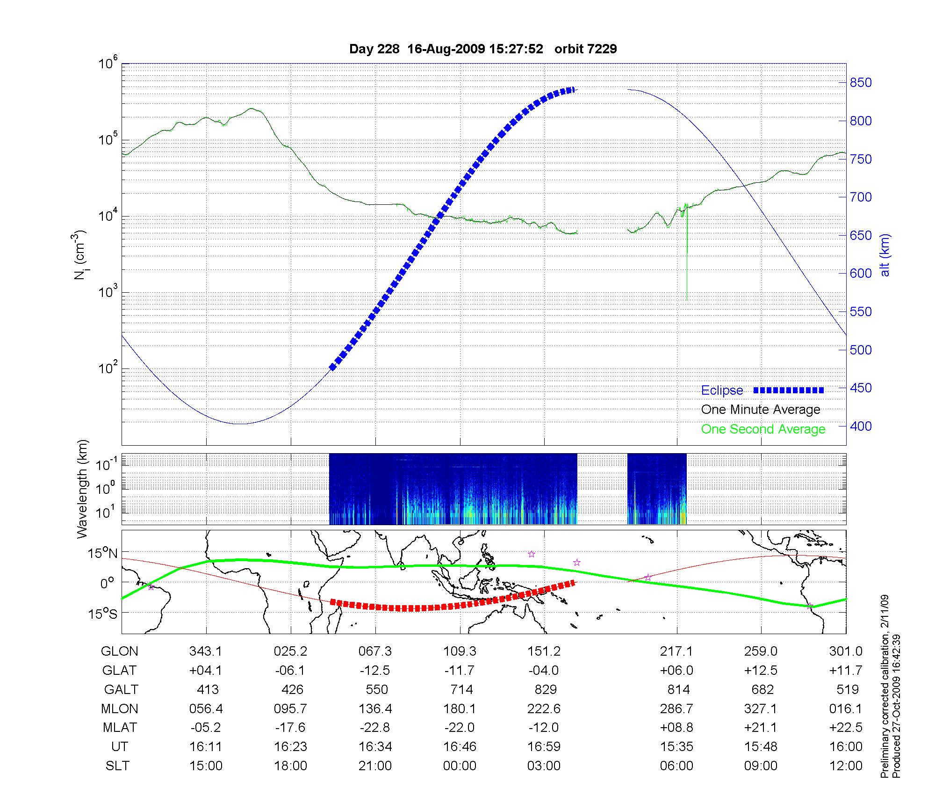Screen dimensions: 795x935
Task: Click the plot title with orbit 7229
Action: pos(483,49)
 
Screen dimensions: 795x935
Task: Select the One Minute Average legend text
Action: pos(761,410)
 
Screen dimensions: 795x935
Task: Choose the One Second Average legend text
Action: pos(763,429)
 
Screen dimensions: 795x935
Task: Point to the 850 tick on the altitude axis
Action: pos(861,83)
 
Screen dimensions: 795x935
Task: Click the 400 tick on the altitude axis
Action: pos(861,426)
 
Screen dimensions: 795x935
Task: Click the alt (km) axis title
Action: pos(885,255)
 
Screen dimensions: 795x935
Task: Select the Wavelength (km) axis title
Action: pos(82,489)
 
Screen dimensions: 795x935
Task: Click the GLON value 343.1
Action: pos(206,651)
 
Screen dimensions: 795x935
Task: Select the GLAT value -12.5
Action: pos(375,670)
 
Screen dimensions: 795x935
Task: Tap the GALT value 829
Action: pos(545,689)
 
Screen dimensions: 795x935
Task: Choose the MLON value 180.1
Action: pos(460,708)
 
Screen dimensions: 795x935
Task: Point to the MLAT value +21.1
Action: pos(761,728)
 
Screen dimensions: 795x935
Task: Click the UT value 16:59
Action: pos(544,747)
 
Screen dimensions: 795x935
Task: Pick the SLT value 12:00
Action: pos(846,766)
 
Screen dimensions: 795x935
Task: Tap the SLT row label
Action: pos(117,766)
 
